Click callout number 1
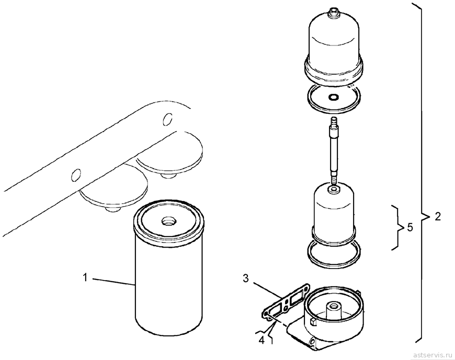[x=85, y=277]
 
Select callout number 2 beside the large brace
[x=438, y=216]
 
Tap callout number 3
[x=245, y=278]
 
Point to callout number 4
[x=261, y=341]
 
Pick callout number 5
[x=409, y=227]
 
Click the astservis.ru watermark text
[x=432, y=355]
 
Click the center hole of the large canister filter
[x=168, y=222]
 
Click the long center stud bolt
[x=334, y=150]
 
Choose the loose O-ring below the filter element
[x=334, y=253]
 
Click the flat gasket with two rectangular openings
[x=286, y=301]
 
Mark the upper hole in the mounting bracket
[x=167, y=119]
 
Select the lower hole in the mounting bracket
[x=76, y=175]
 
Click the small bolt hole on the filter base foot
[x=313, y=343]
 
